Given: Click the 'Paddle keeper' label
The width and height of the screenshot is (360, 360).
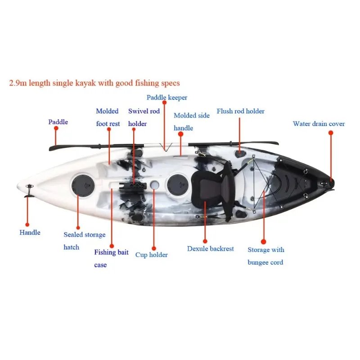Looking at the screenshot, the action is [x=167, y=98].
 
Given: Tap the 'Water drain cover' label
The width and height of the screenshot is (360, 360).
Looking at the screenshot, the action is [x=319, y=124].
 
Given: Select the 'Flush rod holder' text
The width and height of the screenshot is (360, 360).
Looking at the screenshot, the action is [x=240, y=111].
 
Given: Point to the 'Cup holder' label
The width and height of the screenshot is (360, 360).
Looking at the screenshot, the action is [x=151, y=255].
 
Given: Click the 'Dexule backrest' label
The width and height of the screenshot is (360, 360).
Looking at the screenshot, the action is [x=210, y=248].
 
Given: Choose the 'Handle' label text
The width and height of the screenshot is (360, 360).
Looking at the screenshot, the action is [x=30, y=233].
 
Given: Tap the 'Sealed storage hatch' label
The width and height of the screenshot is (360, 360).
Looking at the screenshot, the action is [x=84, y=241].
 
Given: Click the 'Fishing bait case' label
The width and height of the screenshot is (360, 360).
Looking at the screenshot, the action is [x=111, y=258].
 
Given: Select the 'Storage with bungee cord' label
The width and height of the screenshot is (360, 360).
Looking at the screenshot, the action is [x=265, y=256].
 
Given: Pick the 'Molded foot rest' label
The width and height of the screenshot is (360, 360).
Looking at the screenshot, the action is [x=108, y=117].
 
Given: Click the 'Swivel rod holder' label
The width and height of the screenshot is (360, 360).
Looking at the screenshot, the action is [x=144, y=117].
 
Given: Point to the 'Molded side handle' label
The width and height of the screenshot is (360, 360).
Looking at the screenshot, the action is [x=191, y=121].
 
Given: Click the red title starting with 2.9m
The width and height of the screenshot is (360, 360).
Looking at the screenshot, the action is [x=94, y=83].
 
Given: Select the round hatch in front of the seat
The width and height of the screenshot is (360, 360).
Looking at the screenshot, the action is [x=176, y=184].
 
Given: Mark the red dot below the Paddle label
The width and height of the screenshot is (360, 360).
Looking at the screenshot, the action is [x=56, y=128].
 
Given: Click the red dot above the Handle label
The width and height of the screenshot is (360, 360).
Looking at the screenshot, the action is [x=27, y=224].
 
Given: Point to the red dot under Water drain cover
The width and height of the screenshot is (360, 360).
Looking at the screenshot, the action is [x=330, y=133].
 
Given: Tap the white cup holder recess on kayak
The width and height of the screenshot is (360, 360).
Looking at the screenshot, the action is [x=154, y=184].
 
